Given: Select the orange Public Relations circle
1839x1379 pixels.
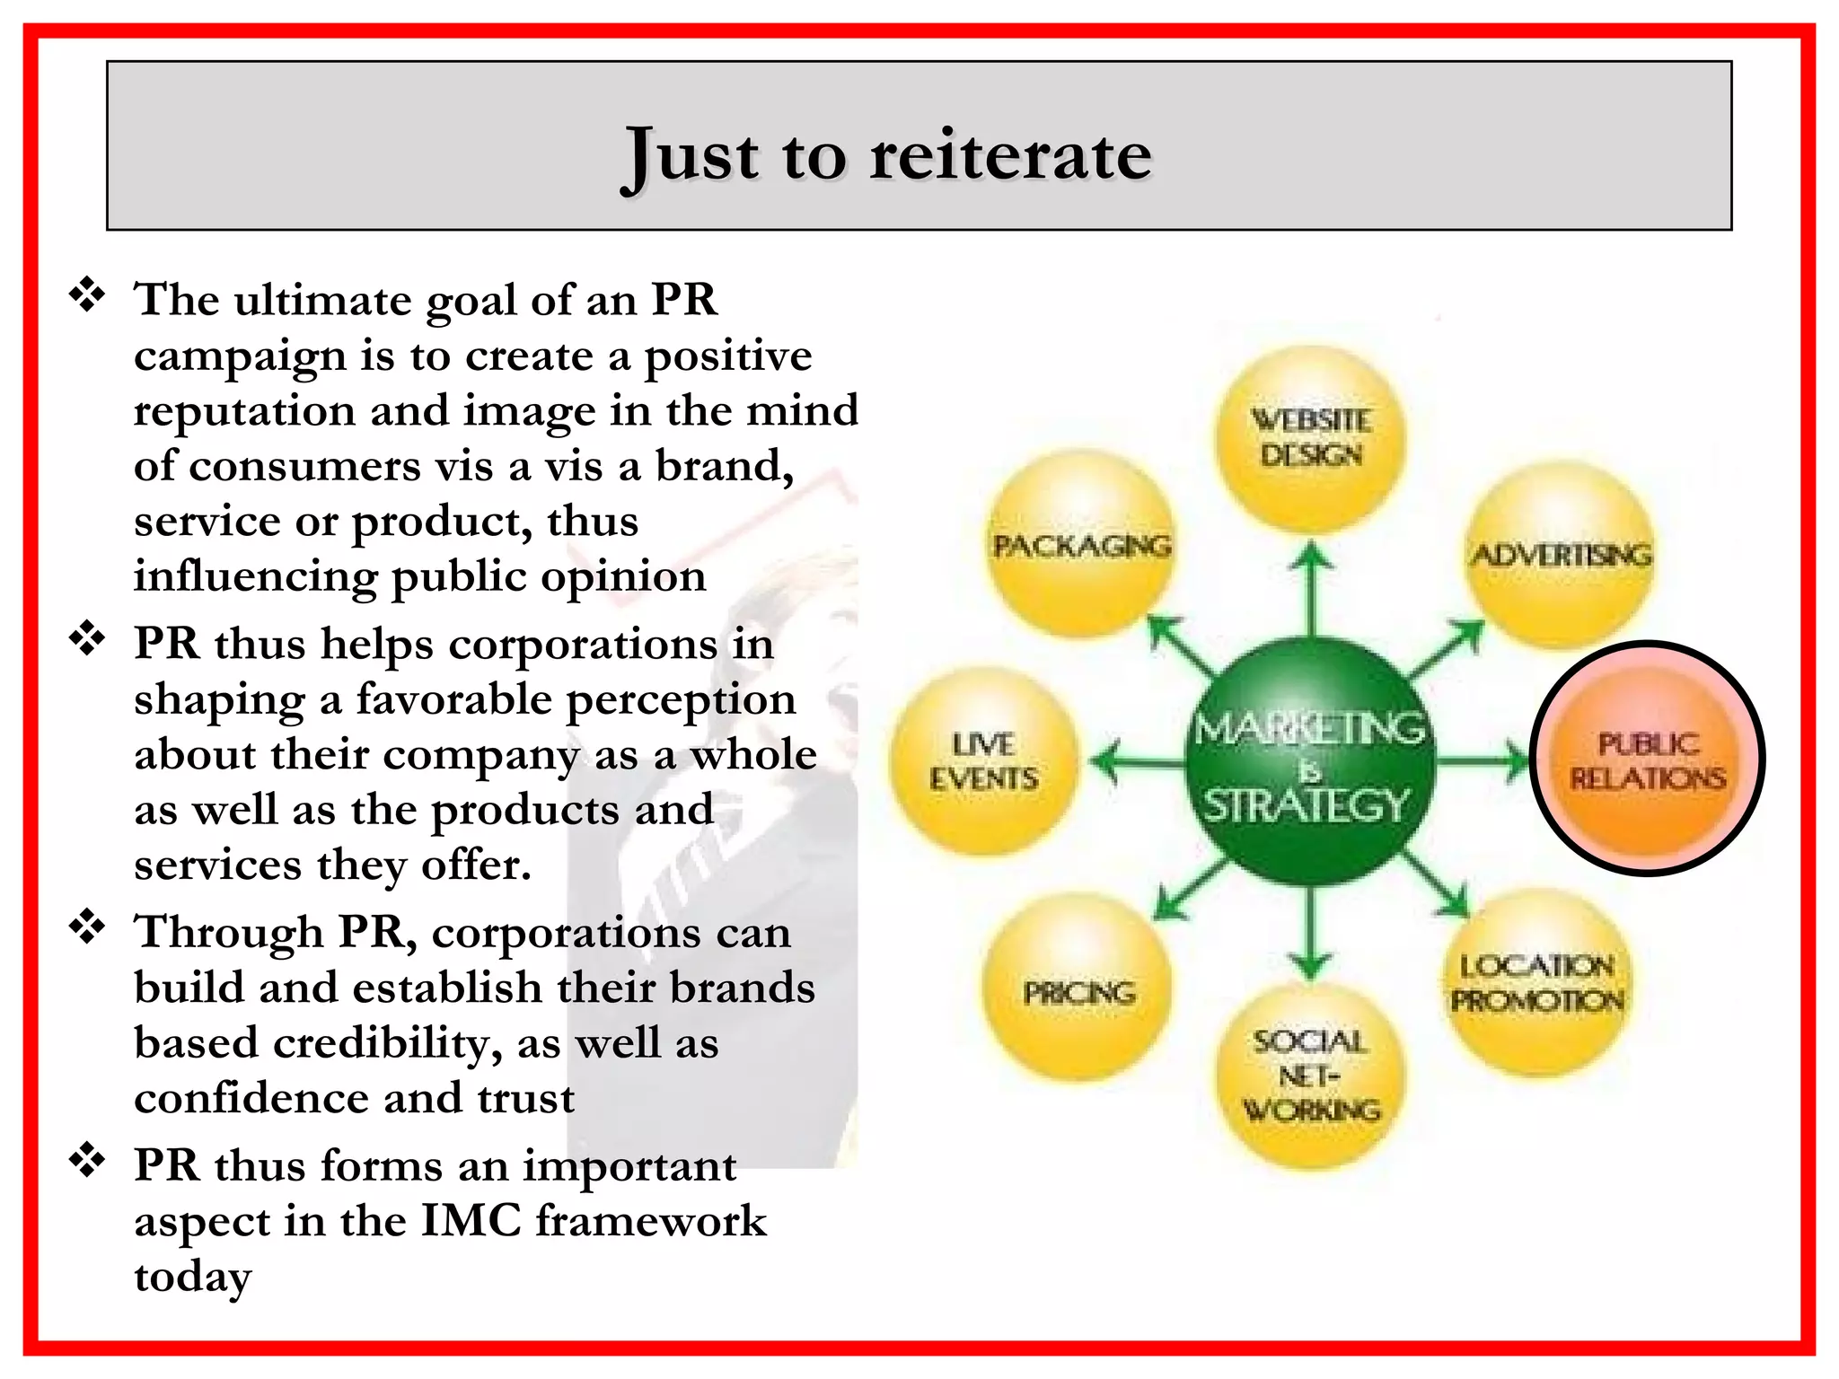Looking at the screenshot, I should (x=1648, y=760).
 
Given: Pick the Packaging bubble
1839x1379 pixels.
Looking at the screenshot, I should (x=1081, y=546).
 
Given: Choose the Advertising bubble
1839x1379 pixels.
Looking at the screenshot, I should (x=1561, y=555).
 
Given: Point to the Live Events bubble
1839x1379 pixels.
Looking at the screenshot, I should (x=984, y=761).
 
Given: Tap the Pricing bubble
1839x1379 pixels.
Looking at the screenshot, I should (x=1079, y=991).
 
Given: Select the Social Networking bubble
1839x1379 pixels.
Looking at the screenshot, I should (x=1311, y=1076).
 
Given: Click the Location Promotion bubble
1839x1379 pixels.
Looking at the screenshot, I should (x=1537, y=982).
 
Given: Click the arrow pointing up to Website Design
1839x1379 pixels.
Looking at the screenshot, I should (x=1313, y=588).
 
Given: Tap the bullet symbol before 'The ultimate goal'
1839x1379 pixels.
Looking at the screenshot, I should (x=88, y=295).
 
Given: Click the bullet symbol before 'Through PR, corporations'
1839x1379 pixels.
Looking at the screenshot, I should (x=88, y=927).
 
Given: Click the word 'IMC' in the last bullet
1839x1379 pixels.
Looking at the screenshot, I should (x=471, y=1221).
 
